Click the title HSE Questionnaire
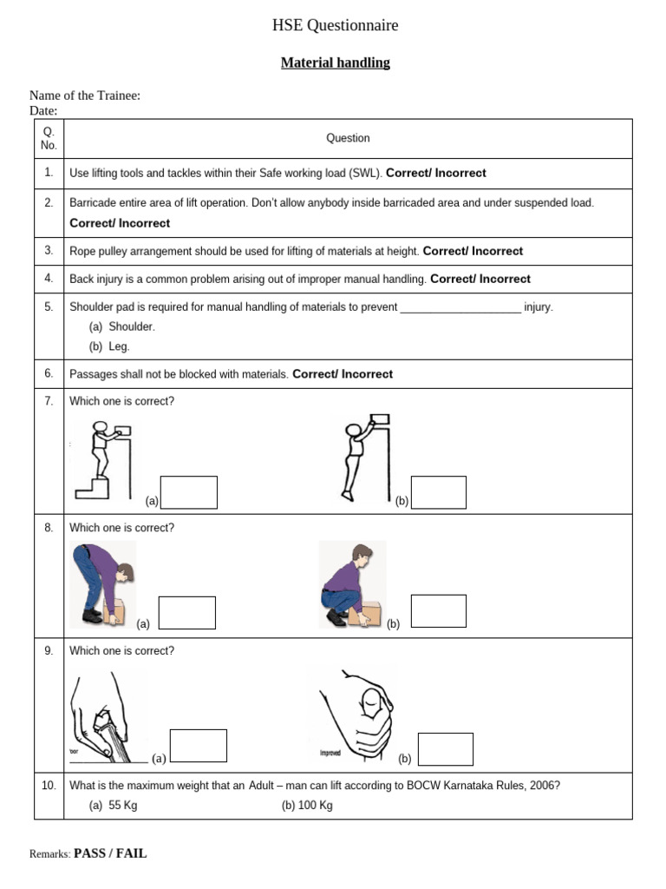point(335,26)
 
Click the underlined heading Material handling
point(335,63)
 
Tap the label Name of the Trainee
point(85,95)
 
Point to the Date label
point(43,110)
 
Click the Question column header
point(348,138)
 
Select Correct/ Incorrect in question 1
point(435,173)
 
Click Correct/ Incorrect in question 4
point(480,279)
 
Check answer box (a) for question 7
point(189,492)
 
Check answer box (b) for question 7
point(438,492)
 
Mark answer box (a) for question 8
point(187,612)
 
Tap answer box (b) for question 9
point(446,749)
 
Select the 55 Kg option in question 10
point(114,805)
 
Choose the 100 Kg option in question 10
point(307,805)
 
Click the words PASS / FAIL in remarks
point(110,853)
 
